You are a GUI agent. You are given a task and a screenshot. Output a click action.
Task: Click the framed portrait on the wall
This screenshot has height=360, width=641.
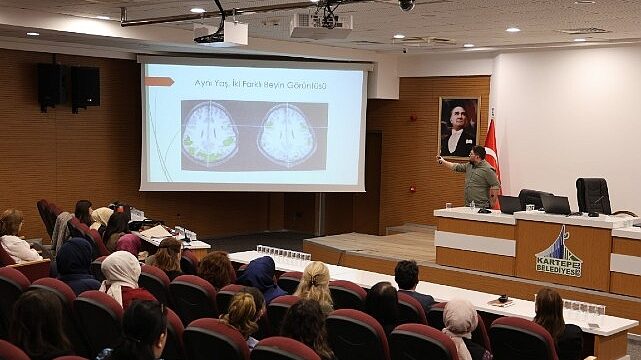point(459,127)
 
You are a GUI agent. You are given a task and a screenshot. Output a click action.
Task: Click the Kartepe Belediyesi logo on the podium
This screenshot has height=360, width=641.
point(558,253)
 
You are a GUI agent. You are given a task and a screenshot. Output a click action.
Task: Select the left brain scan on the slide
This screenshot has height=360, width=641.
point(210,135)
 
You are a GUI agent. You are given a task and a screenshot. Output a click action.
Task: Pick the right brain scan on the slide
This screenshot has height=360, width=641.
point(286,135)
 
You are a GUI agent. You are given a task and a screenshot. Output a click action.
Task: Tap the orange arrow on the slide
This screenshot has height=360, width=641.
point(160,80)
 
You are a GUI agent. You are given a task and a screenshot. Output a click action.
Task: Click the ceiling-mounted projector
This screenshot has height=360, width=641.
point(320,23)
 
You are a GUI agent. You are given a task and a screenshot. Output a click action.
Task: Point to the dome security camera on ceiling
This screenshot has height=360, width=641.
point(406,5)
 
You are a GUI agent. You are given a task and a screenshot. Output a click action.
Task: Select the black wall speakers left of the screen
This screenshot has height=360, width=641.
point(69,86)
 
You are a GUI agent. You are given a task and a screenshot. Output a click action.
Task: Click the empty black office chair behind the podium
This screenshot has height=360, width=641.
point(593,195)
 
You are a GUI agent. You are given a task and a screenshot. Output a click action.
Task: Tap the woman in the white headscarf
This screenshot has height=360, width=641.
point(120,272)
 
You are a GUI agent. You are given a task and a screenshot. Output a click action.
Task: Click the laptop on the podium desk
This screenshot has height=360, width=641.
point(555,204)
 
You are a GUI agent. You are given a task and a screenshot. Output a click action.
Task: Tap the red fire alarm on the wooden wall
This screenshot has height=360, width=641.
point(410,187)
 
